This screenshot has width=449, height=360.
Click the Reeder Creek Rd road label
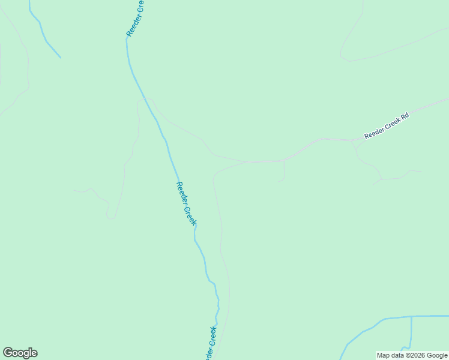coord(386,126)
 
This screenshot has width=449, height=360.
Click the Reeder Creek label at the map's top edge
coord(136,18)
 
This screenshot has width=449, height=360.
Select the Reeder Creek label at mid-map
coord(186,203)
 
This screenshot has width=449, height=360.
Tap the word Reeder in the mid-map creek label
coord(181,193)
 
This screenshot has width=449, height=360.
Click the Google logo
coord(20,353)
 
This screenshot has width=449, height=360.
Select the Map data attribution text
coord(412,355)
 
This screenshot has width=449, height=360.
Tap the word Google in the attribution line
coord(438,355)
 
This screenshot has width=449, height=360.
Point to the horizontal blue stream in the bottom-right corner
coord(414,316)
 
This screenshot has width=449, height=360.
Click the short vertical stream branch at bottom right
coord(411,333)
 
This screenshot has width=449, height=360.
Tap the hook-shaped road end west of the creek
coord(111,215)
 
